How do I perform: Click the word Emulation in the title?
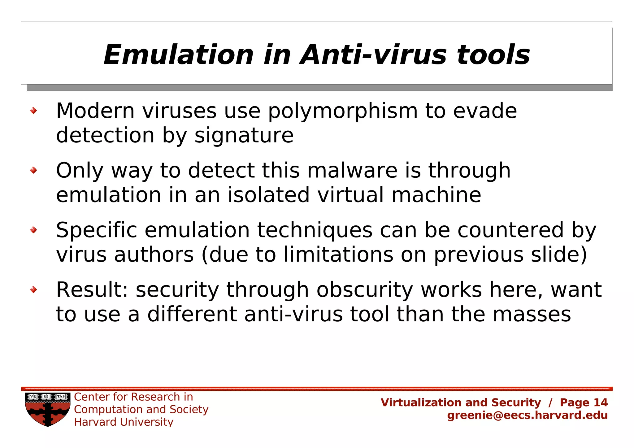click(179, 55)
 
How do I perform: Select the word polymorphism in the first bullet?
click(343, 111)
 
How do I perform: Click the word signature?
click(244, 136)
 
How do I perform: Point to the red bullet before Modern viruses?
click(33, 111)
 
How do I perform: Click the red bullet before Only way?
click(33, 170)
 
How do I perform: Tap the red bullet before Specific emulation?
click(33, 230)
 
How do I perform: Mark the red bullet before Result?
click(33, 289)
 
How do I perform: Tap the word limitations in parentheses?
click(338, 255)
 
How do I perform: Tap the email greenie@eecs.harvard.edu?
click(527, 415)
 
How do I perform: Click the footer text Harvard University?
click(124, 422)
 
